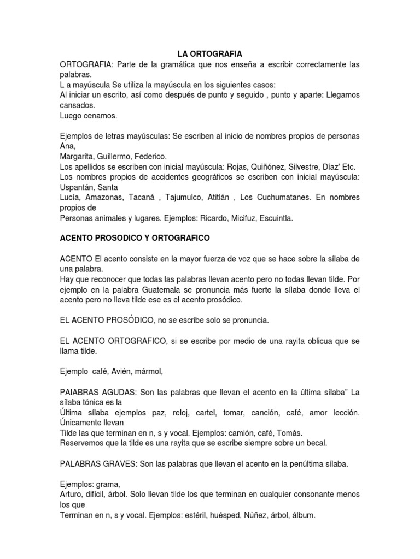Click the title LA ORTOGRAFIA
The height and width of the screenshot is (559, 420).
tap(210, 53)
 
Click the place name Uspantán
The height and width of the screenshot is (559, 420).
tap(78, 187)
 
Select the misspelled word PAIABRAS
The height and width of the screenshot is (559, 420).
tap(82, 393)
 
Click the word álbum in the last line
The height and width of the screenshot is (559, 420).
tap(304, 515)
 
